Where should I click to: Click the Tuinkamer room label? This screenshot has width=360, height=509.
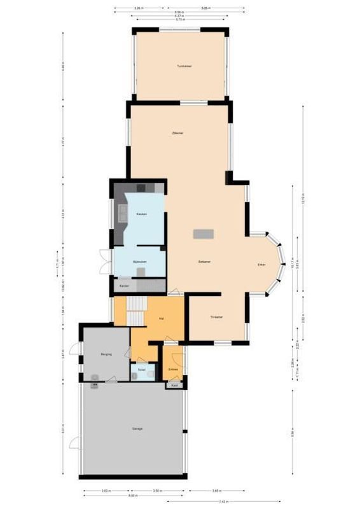184,66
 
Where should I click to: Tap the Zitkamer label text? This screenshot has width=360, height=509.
178,134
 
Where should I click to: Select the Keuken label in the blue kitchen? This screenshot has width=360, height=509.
141,214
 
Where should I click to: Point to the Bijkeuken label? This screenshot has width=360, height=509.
140,261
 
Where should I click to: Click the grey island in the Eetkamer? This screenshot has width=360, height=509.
204,234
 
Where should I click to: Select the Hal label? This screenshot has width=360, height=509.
162,318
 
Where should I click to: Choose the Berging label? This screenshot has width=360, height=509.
106,354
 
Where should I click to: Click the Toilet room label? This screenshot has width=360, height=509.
141,370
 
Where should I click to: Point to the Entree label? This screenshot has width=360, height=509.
173,369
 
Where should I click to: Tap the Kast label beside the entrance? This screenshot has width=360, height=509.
174,386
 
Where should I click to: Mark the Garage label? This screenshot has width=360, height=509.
137,429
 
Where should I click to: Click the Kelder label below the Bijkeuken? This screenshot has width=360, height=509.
125,286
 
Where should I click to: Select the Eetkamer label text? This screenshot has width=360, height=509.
205,261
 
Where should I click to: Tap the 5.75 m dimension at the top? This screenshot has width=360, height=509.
180,20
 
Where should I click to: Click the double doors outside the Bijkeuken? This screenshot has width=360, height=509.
102,262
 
